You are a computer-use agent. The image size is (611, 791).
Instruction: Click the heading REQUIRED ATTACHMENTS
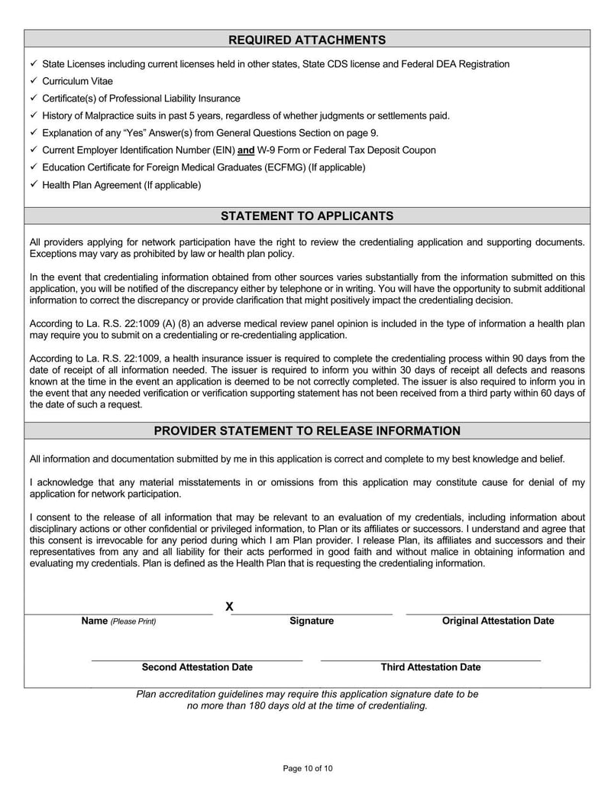coord(307,40)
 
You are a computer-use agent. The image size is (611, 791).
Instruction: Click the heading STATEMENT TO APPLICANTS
coord(307,216)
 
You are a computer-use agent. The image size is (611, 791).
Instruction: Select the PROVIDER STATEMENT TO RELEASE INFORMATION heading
coord(307,431)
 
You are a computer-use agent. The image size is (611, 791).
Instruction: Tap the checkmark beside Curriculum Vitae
coord(34,80)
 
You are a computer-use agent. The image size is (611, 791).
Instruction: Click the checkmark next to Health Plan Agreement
coord(34,184)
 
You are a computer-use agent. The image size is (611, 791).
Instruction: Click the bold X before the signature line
coord(229,607)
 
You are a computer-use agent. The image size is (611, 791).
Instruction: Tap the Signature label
coord(312,621)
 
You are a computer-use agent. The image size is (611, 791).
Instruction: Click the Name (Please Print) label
coord(118,621)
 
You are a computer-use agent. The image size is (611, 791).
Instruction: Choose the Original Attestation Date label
coord(498,621)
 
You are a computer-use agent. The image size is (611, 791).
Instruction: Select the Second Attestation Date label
coord(197,667)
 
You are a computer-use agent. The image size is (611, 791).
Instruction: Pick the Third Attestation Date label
coord(431,667)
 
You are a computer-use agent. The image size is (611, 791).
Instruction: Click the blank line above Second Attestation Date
coord(197,660)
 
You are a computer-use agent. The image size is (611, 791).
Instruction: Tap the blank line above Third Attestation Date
coord(431,660)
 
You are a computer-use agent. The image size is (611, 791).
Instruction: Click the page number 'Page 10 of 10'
coord(308,768)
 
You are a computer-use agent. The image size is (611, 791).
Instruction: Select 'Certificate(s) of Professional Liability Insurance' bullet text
coord(141,99)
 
